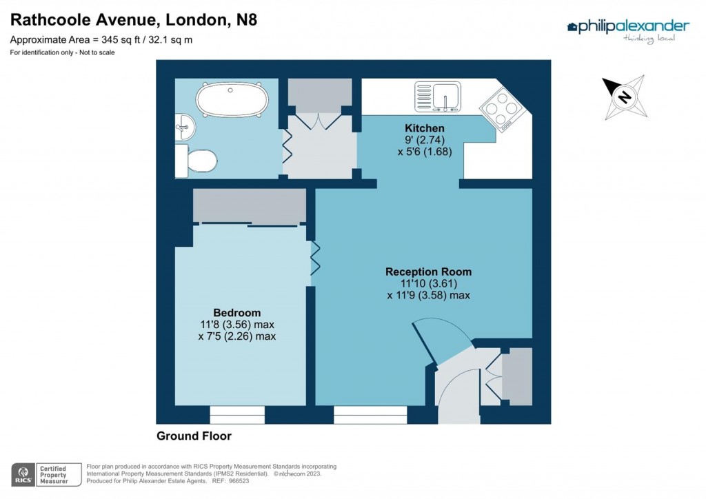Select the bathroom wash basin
pyautogui.click(x=185, y=126)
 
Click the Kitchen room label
pyautogui.click(x=424, y=128)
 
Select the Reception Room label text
pyautogui.click(x=428, y=272)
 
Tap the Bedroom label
pyautogui.click(x=236, y=312)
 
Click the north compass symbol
pyautogui.click(x=623, y=97)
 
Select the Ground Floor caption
pyautogui.click(x=194, y=436)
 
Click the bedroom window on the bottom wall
pyautogui.click(x=237, y=415)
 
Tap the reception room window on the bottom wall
pyautogui.click(x=370, y=415)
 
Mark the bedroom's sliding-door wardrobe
pyautogui.click(x=250, y=207)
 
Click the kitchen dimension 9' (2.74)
pyautogui.click(x=424, y=140)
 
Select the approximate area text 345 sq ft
pyautogui.click(x=101, y=40)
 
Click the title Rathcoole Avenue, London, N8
pyautogui.click(x=134, y=19)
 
